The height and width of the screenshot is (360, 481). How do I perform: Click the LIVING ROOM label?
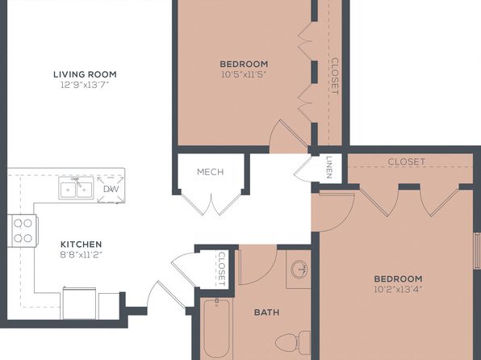coord(85,74)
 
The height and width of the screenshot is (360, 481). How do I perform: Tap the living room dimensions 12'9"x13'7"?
coord(85,85)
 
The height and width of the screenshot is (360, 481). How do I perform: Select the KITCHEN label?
coord(81,245)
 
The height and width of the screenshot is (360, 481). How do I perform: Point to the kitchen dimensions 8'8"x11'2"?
coord(81,255)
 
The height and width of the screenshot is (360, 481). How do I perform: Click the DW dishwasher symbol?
coord(111,189)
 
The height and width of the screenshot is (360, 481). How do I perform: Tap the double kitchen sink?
coord(76,188)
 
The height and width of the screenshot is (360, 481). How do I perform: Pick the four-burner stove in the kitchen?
coord(23,231)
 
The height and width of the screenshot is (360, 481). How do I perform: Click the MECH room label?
coord(211,172)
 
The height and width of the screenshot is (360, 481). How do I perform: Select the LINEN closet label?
coord(329,168)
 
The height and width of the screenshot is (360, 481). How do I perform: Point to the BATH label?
coord(267,312)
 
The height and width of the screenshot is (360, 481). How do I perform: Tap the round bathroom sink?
coord(299,269)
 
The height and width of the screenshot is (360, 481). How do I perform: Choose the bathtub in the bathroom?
coord(216,329)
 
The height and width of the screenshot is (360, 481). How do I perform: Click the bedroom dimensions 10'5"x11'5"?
coord(244,74)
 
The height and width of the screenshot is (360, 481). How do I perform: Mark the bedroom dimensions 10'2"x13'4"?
coord(398,289)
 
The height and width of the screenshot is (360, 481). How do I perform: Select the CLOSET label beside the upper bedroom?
coord(335,77)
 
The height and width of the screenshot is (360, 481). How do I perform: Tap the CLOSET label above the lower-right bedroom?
coord(407,161)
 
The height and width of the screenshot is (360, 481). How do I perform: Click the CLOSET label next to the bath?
coord(221,269)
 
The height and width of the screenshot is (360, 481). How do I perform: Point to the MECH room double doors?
coord(211,203)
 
